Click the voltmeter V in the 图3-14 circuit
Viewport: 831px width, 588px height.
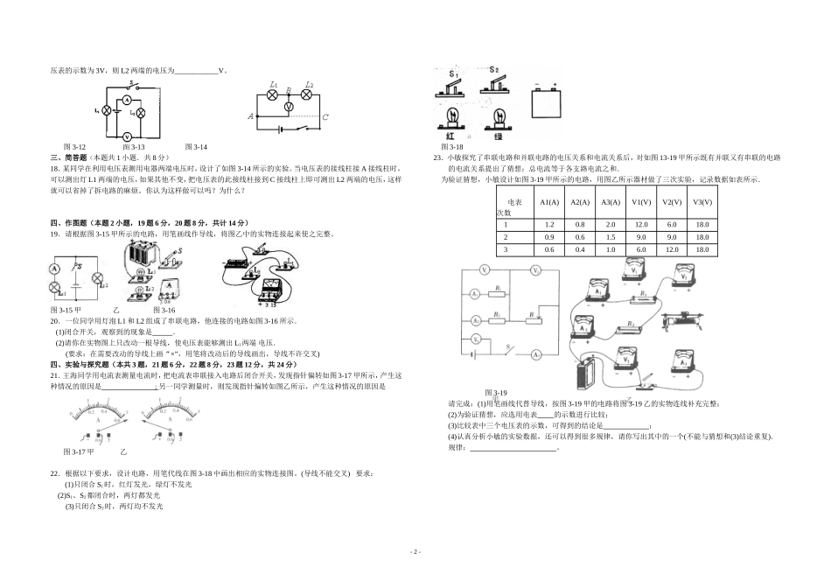coord(290,104)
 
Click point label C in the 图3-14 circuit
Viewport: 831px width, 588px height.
coord(325,116)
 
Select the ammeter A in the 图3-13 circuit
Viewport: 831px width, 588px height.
coord(126,101)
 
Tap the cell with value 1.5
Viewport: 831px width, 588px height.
coord(610,237)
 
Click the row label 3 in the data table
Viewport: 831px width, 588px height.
coord(505,249)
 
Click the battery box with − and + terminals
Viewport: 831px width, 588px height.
coord(549,103)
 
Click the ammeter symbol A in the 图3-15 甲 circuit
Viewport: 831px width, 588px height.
coord(53,269)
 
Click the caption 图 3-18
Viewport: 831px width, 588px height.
coord(451,147)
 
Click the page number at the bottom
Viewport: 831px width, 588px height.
coord(415,552)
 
